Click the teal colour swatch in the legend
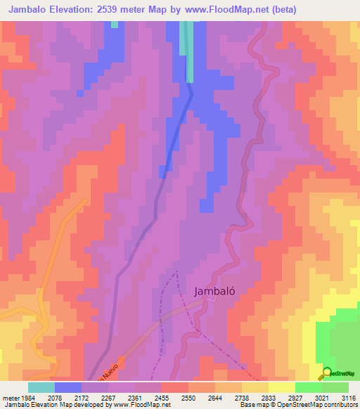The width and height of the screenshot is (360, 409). click(41, 387)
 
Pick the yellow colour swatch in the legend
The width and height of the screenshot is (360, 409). click(281, 387)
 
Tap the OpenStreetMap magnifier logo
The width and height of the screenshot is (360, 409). click(327, 373)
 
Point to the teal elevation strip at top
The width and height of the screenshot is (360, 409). click(187, 49)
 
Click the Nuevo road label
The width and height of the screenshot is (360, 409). click(110, 370)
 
